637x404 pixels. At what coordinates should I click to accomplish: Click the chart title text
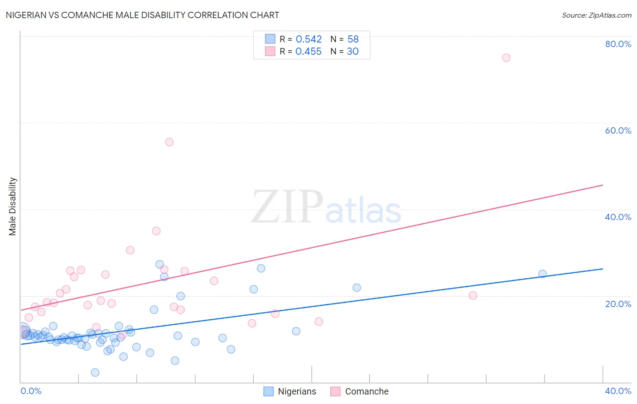coord(142,15)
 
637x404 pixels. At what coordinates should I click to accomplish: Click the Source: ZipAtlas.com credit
coord(596,15)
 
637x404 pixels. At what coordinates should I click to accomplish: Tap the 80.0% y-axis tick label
coord(618,44)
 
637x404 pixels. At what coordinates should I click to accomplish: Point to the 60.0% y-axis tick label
coord(618,130)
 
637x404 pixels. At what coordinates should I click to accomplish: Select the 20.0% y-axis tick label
coord(618,303)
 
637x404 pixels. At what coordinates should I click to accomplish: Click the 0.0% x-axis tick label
coord(31,391)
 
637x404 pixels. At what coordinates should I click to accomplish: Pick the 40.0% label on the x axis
coord(618,391)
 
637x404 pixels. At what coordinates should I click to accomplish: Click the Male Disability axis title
coord(13,206)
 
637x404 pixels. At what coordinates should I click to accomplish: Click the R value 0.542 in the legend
coord(309,39)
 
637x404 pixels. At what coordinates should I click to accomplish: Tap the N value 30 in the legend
coord(352,52)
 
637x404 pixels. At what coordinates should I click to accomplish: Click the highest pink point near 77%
coord(506,58)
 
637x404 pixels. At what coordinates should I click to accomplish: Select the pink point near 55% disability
coord(169,142)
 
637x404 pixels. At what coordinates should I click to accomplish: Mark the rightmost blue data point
coord(542,274)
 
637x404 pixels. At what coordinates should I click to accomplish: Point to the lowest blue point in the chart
coord(95,372)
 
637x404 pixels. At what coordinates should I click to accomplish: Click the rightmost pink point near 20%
coord(473,295)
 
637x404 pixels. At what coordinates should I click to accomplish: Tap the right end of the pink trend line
coord(603,185)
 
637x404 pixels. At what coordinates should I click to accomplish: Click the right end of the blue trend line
coord(603,269)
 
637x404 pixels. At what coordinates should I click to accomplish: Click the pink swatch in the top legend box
coord(270,51)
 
